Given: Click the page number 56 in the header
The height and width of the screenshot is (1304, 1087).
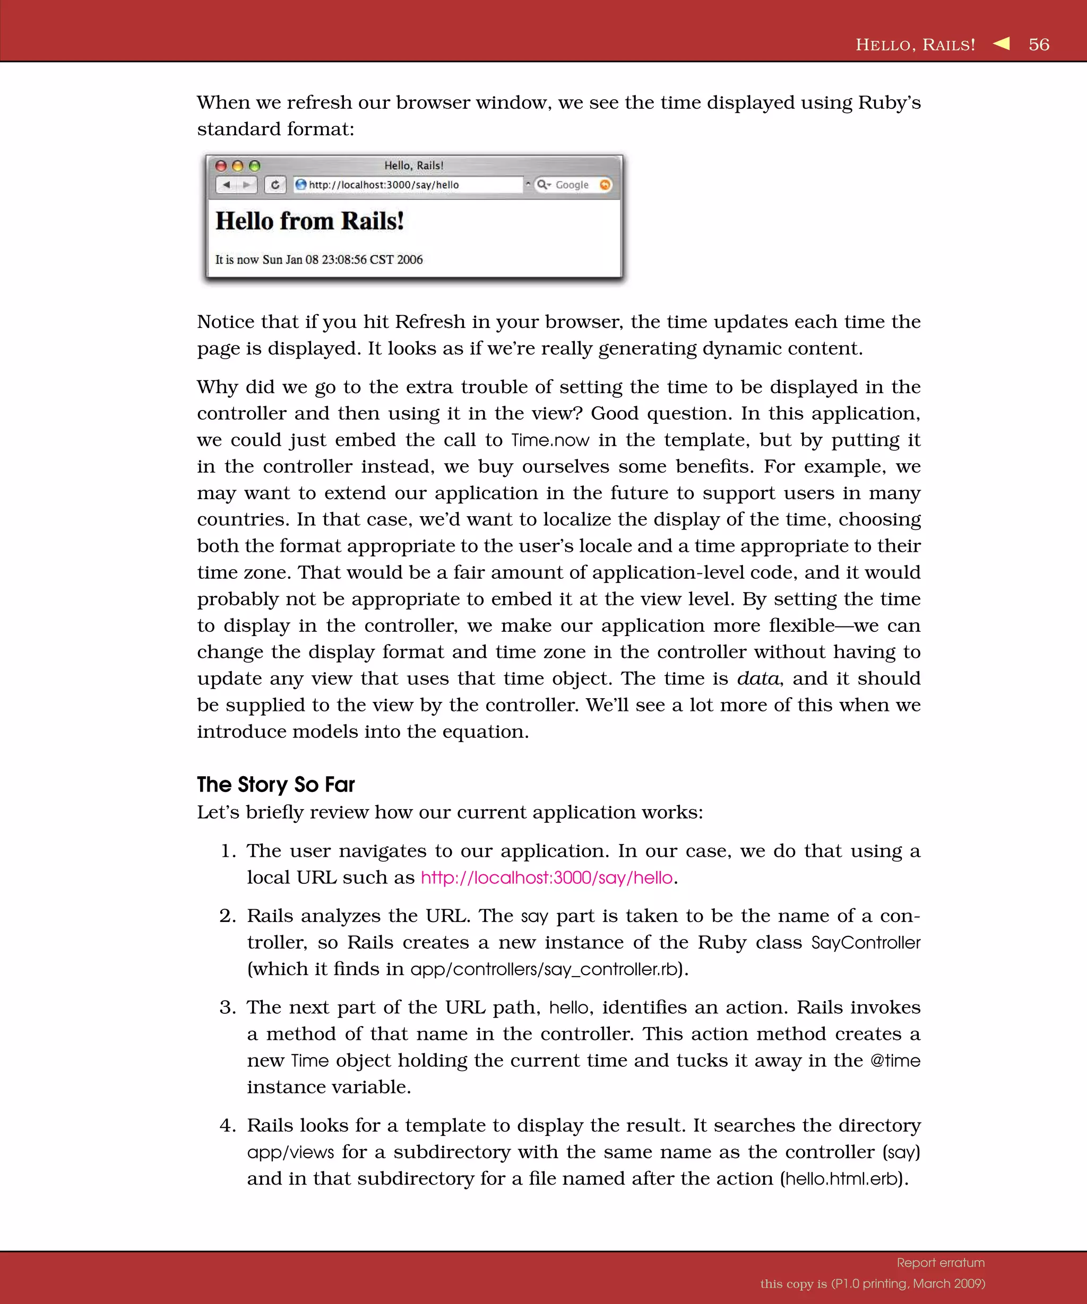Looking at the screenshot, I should pos(1039,45).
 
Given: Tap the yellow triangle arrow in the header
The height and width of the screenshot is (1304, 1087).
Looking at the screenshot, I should pos(1002,44).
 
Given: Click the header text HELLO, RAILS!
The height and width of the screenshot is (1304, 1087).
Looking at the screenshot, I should pos(915,45).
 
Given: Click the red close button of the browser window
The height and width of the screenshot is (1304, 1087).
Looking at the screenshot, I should pos(220,166).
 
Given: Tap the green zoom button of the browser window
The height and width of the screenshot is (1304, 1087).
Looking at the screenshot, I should pos(254,166).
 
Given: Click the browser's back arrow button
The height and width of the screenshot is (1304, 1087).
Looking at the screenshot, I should pos(227,185).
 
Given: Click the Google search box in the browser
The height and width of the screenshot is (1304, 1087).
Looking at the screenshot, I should pos(572,185).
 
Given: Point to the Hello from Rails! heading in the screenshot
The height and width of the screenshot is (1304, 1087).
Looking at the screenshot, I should pos(309,221).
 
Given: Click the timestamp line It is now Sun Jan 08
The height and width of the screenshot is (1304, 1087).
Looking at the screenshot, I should pos(318,259).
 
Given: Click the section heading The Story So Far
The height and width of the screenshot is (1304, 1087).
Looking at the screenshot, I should pos(276,784).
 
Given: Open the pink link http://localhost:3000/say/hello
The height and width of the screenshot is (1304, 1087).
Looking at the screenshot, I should pos(547,877).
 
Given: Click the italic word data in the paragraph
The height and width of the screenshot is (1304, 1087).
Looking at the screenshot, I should pos(757,678).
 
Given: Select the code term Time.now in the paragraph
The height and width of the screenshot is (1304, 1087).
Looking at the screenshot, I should pos(550,440).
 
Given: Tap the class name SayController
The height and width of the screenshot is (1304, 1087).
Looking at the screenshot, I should pos(865,943).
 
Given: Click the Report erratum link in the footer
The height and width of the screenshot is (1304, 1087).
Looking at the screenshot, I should pos(941,1263).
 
